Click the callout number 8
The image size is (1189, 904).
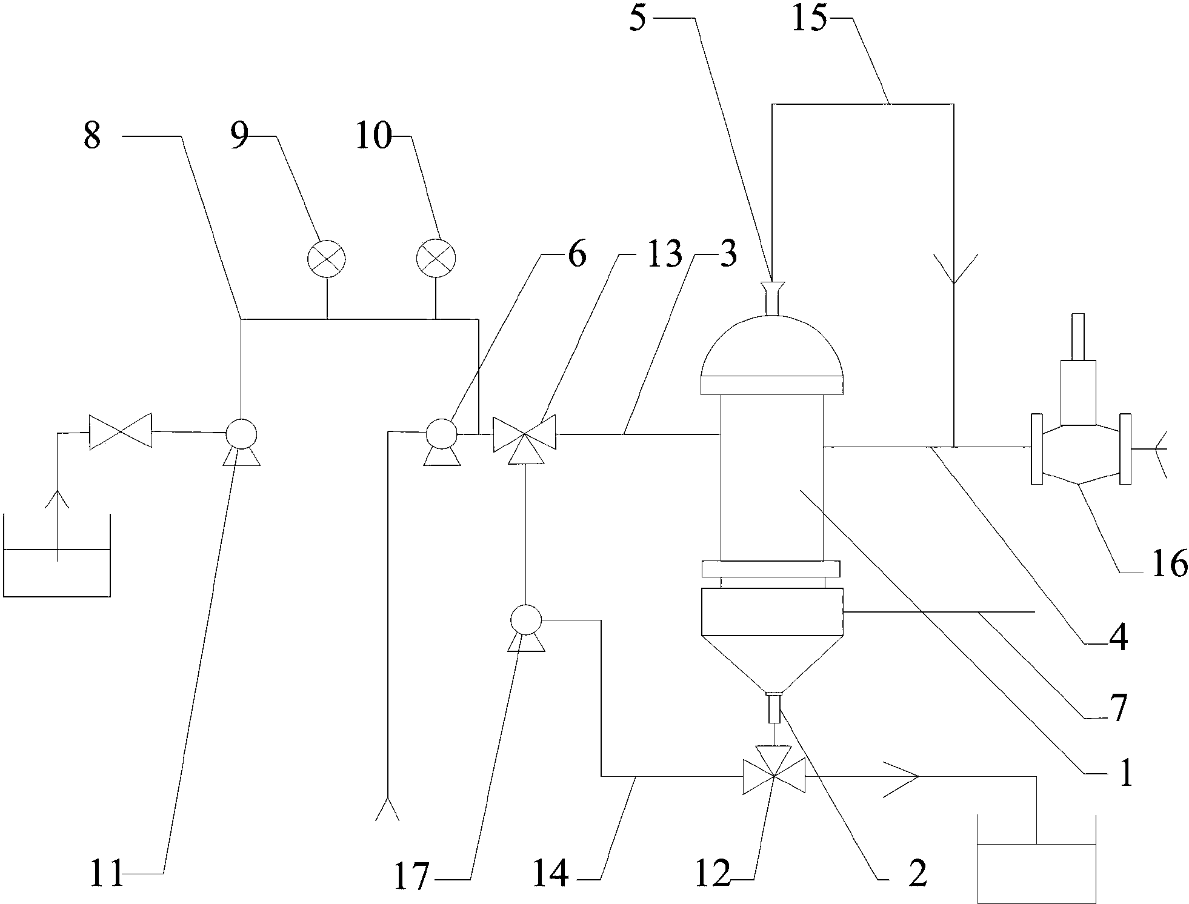(93, 137)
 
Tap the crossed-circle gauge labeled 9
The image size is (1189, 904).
(327, 259)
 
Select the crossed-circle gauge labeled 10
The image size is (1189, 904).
(436, 259)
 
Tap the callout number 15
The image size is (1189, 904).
(809, 19)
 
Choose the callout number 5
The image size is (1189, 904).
(638, 19)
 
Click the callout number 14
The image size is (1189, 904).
(551, 874)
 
